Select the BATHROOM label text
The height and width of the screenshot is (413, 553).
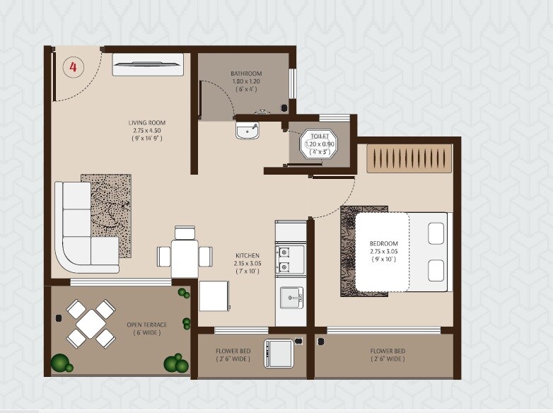pos(246,74)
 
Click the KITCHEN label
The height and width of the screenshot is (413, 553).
pos(248,255)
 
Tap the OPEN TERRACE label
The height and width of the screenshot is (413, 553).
pos(147,325)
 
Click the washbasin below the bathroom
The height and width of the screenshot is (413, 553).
pos(247,130)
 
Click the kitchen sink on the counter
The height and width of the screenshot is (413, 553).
pos(291,299)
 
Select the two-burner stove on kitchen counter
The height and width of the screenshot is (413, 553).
pos(290,260)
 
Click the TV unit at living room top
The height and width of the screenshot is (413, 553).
pos(148,65)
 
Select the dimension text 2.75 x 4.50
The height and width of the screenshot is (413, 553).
pos(147,131)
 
